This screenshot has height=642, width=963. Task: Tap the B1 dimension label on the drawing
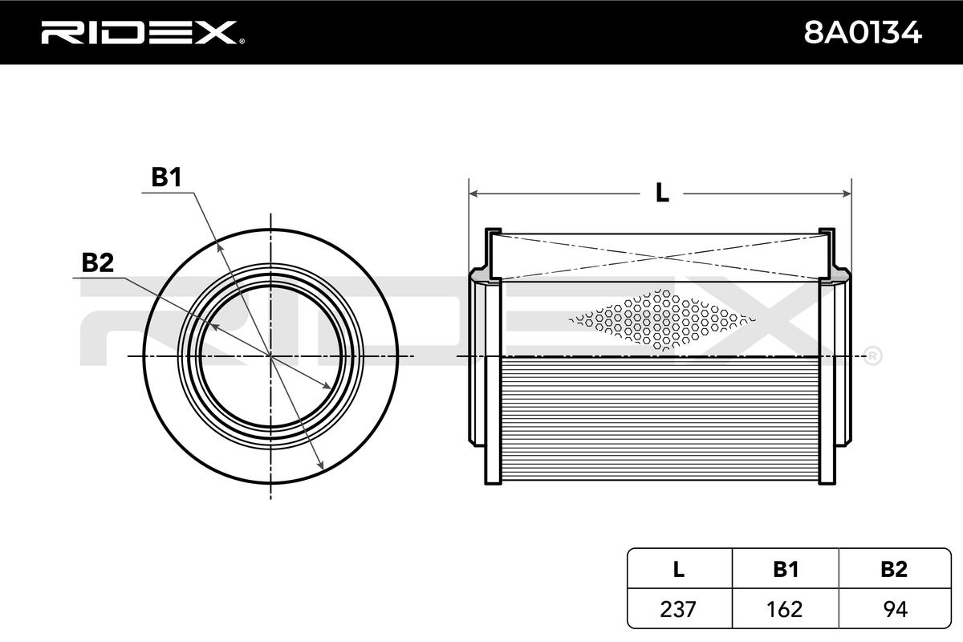[166, 178]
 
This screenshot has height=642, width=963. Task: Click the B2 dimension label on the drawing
[97, 262]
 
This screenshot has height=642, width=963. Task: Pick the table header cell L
[679, 569]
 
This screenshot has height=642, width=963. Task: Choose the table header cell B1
[786, 569]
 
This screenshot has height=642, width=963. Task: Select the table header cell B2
[893, 569]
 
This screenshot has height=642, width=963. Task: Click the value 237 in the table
[679, 609]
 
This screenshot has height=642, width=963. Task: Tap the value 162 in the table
[786, 609]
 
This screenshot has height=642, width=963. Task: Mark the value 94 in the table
[893, 609]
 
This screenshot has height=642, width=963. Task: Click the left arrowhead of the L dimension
[473, 193]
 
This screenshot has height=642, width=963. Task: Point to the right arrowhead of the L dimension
[846, 193]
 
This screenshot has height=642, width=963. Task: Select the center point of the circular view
[270, 355]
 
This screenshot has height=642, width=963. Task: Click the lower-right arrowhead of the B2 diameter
[328, 388]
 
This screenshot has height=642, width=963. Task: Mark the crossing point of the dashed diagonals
[660, 258]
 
